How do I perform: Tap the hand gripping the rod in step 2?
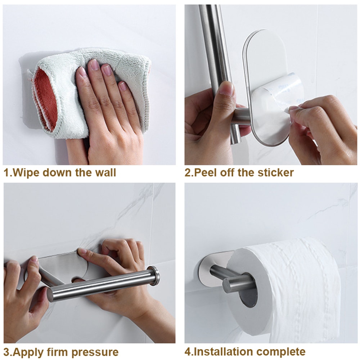[205, 119]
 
